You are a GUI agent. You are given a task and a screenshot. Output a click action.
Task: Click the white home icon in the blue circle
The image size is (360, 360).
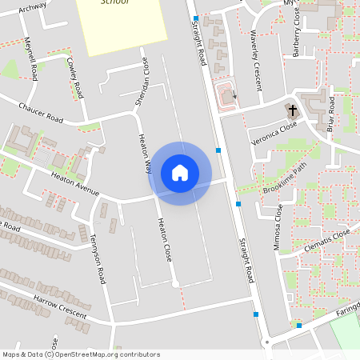180,173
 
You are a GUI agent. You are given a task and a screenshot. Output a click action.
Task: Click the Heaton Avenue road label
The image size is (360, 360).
74,182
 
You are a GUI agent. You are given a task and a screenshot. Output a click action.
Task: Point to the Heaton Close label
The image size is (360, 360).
164,241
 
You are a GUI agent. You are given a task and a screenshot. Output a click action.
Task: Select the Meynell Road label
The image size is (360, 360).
31,59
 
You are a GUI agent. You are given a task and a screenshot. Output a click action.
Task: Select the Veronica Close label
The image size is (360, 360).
274,132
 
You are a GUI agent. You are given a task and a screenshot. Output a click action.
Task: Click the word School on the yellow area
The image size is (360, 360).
114,3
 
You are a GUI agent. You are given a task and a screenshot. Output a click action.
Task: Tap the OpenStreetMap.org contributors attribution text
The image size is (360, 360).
108,354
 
